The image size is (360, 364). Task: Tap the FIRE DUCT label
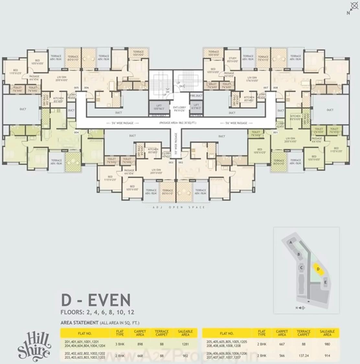pyautogui.click(x=196, y=96)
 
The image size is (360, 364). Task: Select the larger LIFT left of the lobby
pyautogui.click(x=159, y=107)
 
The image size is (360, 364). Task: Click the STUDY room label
pyautogui.click(x=232, y=60)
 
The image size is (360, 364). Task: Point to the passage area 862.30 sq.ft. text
pyautogui.click(x=177, y=123)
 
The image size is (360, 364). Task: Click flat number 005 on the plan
pyautogui.click(x=76, y=88)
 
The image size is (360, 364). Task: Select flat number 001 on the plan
pyautogui.click(x=275, y=132)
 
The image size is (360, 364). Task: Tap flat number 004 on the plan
pyautogui.click(x=76, y=132)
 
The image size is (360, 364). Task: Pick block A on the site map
pyautogui.click(x=291, y=242)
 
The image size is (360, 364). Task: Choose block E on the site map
pyautogui.click(x=325, y=282)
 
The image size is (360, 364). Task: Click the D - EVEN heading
pyautogui.click(x=96, y=300)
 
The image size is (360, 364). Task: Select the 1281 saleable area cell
pyautogui.click(x=185, y=344)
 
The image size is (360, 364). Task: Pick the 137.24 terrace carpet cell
pyautogui.click(x=303, y=356)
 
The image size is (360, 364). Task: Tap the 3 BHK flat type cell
pyautogui.click(x=120, y=344)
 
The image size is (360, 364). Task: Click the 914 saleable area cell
pyautogui.click(x=327, y=356)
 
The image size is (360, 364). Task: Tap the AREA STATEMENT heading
pyautogui.click(x=79, y=323)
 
